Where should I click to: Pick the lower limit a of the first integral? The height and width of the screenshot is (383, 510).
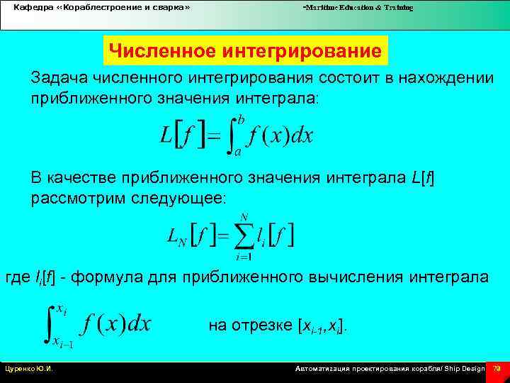click(237, 151)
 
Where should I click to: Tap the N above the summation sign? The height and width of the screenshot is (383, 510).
click(244, 216)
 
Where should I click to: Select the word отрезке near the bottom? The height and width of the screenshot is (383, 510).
click(259, 326)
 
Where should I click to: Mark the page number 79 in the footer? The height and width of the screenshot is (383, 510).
click(497, 369)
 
